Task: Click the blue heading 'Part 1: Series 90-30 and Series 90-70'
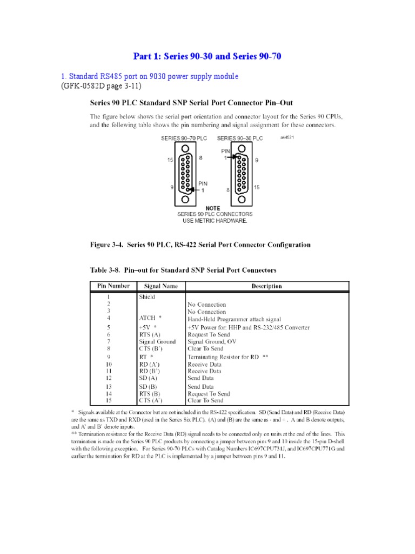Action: coord(207,56)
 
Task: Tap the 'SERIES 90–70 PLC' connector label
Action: coord(184,138)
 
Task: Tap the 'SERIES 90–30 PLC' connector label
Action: coord(240,138)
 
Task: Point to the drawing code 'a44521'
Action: coord(287,137)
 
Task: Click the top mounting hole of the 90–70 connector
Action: coord(187,148)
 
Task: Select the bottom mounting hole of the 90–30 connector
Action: coord(242,200)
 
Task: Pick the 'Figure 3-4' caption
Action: coord(200,245)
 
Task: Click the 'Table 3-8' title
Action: coord(183,269)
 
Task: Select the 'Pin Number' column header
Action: coord(113,286)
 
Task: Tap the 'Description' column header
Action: coord(266,286)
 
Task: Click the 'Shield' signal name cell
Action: coord(147,297)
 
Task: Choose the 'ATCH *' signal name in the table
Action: coord(151,319)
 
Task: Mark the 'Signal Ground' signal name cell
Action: coord(157,341)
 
